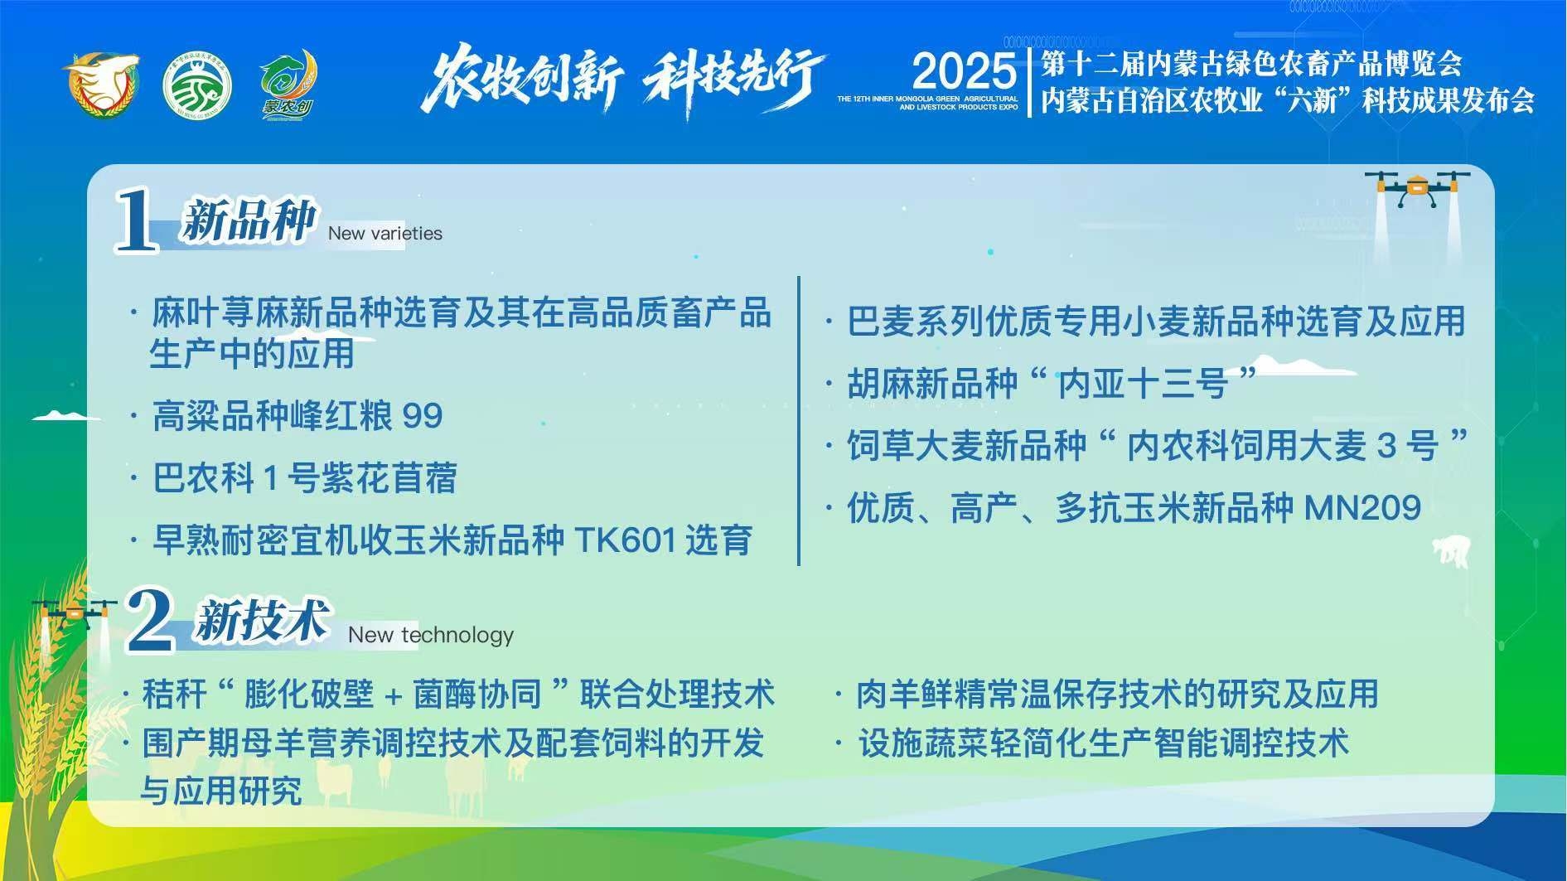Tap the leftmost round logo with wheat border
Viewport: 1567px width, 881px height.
click(101, 85)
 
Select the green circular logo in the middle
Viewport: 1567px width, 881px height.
click(197, 86)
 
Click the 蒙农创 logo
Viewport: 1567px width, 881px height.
click(288, 85)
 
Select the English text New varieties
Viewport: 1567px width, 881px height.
click(384, 234)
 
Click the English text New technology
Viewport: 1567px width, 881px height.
click(431, 635)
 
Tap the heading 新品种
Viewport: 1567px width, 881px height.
click(249, 220)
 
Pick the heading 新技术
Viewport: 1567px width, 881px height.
click(262, 620)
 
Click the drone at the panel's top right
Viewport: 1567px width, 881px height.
click(1416, 189)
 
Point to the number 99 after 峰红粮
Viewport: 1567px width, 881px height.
click(423, 416)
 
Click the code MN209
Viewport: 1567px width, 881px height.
click(1363, 507)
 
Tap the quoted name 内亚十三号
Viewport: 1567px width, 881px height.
click(1143, 383)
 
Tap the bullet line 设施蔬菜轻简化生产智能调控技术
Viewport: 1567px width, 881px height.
click(1104, 743)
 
